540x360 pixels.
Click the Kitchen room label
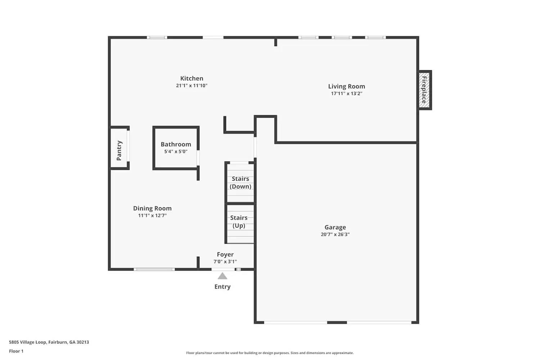point(192,78)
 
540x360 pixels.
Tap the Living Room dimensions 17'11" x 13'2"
point(346,94)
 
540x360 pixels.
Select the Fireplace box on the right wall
point(425,90)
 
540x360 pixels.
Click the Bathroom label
point(176,144)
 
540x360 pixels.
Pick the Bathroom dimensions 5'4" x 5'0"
point(176,152)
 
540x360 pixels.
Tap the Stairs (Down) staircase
point(240,183)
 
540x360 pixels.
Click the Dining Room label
point(152,208)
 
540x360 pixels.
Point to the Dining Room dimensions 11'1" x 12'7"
point(152,216)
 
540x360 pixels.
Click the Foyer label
point(225,255)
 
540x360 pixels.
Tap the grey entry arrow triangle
point(222,276)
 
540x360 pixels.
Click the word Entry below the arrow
point(222,287)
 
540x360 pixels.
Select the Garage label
point(335,227)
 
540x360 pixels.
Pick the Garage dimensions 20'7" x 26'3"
point(335,234)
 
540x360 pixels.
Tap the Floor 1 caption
point(16,351)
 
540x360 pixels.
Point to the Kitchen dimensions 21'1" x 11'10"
point(192,86)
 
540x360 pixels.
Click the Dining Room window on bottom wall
point(154,269)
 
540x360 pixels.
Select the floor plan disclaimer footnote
point(270,353)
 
